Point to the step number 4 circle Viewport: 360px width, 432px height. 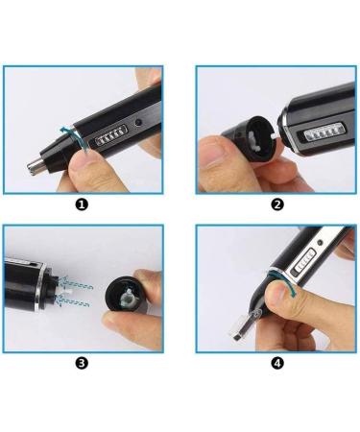coord(276,363)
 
